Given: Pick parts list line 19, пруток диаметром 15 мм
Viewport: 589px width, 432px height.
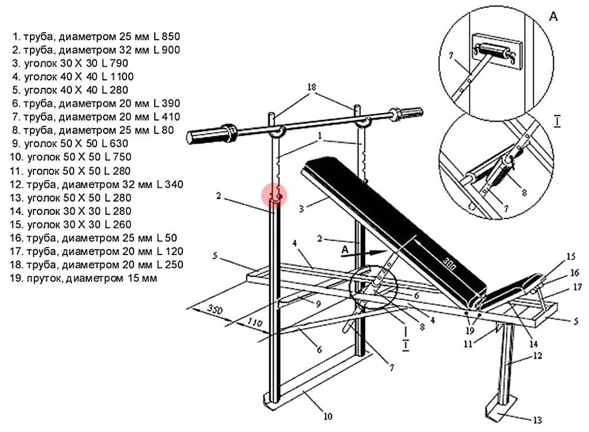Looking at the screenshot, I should [x=84, y=279].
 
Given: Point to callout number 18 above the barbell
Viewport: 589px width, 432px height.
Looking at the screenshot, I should [x=311, y=87].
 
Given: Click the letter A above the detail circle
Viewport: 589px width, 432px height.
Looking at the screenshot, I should [x=553, y=17].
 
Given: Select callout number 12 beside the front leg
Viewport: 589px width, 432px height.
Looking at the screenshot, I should [x=536, y=355].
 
